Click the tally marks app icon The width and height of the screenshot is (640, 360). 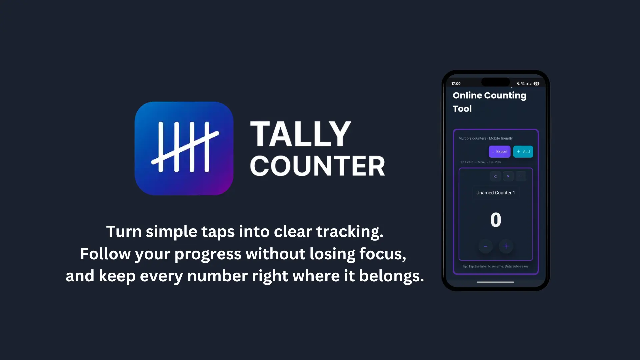pyautogui.click(x=184, y=148)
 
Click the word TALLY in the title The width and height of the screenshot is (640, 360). pyautogui.click(x=300, y=134)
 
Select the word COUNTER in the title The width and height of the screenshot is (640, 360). pyautogui.click(x=317, y=166)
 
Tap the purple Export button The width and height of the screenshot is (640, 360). pyautogui.click(x=499, y=152)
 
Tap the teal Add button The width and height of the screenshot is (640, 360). pyautogui.click(x=523, y=152)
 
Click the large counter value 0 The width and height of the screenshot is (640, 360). pyautogui.click(x=496, y=220)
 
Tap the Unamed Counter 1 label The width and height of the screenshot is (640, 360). pyautogui.click(x=495, y=193)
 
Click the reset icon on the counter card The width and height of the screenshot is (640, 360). pyautogui.click(x=496, y=176)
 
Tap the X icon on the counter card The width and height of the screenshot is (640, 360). pyautogui.click(x=508, y=176)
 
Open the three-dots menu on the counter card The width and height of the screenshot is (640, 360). pyautogui.click(x=521, y=176)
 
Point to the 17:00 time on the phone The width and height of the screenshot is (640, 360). pyautogui.click(x=456, y=84)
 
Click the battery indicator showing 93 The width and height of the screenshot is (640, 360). pyautogui.click(x=536, y=84)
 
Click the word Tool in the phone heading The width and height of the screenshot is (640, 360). pyautogui.click(x=462, y=109)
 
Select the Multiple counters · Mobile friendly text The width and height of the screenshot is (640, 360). pyautogui.click(x=485, y=138)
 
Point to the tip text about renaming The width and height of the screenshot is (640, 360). pyautogui.click(x=495, y=266)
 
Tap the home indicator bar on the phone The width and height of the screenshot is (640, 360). pyautogui.click(x=495, y=282)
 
